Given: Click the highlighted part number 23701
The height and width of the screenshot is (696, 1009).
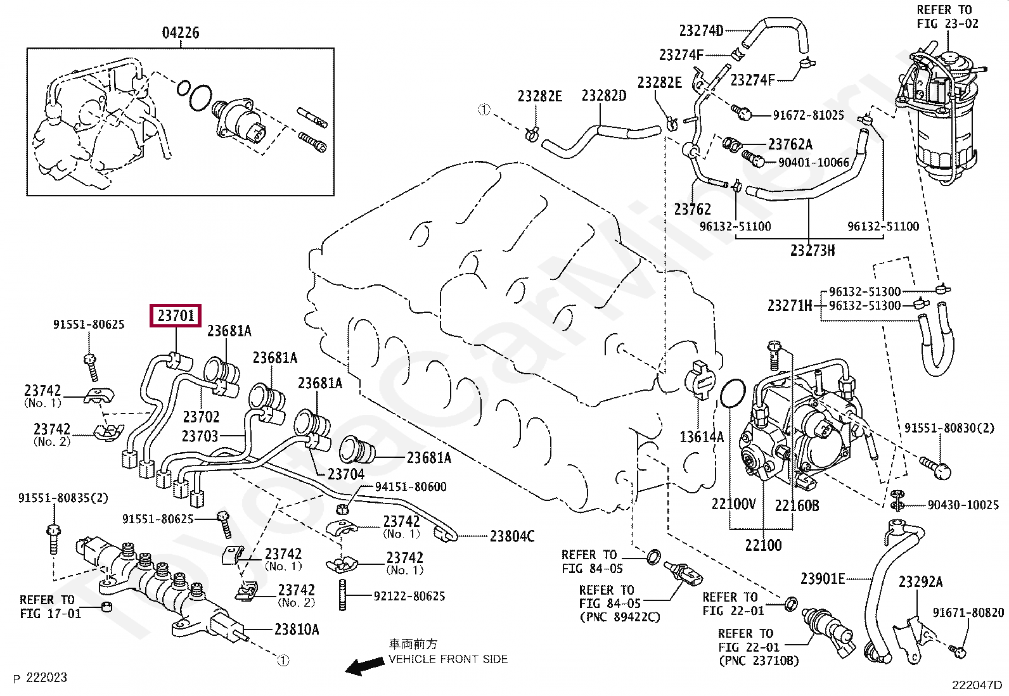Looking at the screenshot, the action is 176,315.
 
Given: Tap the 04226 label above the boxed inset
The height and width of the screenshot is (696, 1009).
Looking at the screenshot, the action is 181,32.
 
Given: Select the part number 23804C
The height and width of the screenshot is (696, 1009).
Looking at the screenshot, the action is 512,536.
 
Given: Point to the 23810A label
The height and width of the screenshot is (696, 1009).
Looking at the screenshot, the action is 297,629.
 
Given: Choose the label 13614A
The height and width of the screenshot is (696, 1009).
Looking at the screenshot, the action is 702,436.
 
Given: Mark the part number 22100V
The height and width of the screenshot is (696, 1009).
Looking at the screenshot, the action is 734,503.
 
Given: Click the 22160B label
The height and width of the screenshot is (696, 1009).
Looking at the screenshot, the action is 797,505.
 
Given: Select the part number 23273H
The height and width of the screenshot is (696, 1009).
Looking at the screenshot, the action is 813,250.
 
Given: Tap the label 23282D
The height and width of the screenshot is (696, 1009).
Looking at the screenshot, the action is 604,96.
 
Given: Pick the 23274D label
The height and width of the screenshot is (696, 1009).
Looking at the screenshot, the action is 702,30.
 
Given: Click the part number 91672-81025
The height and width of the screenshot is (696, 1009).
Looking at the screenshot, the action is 809,115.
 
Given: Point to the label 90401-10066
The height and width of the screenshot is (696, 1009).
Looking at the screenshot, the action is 814,162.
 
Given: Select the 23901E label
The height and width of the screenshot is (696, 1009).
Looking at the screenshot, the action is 823,578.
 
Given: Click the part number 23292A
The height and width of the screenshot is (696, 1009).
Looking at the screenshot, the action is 921,582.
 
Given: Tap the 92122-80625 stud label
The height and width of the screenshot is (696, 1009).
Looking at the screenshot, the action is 409,596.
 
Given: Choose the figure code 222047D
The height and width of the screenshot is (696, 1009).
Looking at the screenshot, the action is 977,685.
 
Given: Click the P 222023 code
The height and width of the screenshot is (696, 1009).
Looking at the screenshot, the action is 40,678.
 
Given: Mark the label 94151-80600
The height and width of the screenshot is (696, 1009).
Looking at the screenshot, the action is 411,486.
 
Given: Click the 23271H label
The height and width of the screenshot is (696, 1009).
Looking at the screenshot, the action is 790,306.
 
